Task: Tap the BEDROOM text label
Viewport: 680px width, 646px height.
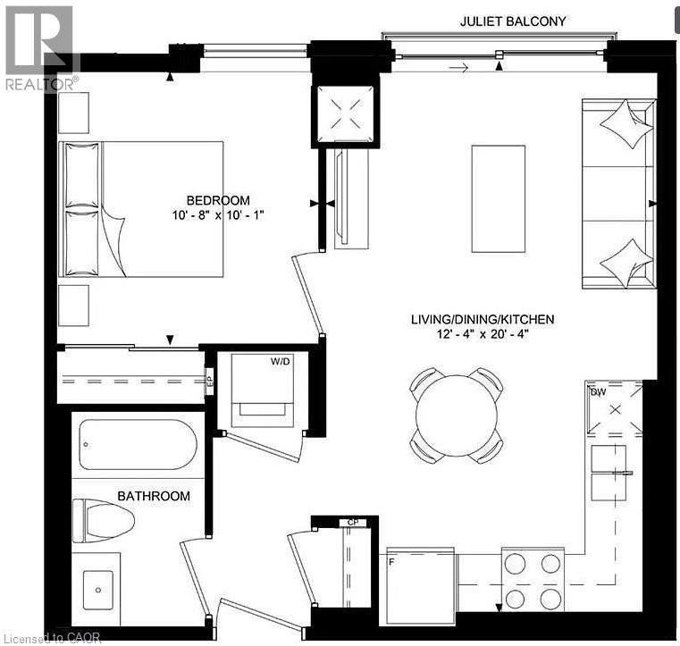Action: tap(218, 199)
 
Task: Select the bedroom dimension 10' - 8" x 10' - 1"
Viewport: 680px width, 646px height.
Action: tap(219, 215)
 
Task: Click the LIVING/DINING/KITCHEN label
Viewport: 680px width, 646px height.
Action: tap(483, 319)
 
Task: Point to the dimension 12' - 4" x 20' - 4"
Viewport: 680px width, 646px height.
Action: tap(483, 335)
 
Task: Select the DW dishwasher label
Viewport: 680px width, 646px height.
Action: tap(597, 390)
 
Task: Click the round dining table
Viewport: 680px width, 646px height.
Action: tap(456, 415)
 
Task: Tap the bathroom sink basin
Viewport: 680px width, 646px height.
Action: tap(95, 591)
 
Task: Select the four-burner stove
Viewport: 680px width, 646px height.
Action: tap(532, 580)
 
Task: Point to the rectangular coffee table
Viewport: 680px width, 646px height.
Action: tap(498, 199)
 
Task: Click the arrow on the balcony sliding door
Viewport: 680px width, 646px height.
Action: tap(458, 66)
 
